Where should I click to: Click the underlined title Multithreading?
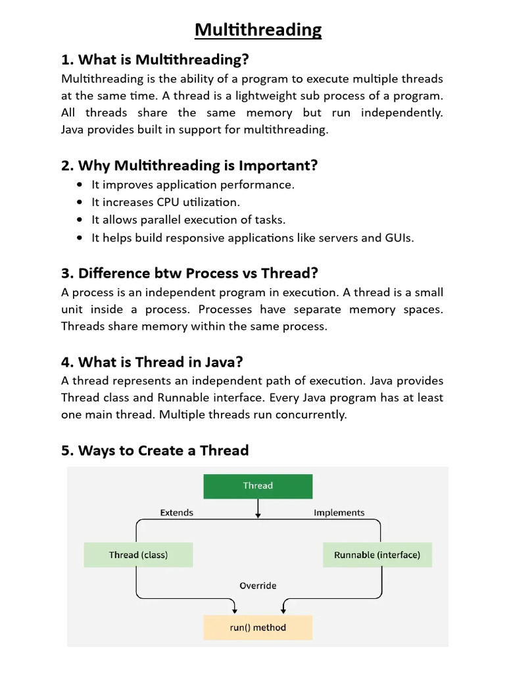258,30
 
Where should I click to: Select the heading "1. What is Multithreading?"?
155,60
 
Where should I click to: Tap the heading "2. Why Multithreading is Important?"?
189,165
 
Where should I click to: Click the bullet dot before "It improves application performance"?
80,185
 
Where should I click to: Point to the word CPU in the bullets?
186,202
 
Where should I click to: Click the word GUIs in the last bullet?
397,238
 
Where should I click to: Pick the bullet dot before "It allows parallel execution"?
80,220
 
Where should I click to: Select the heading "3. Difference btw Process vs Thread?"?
189,273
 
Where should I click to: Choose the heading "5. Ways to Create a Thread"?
155,451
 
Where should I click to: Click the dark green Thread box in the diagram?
258,486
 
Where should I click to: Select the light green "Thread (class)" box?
138,555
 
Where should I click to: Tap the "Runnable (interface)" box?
377,555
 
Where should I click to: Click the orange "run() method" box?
258,627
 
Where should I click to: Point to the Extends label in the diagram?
177,513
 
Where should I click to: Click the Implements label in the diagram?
339,513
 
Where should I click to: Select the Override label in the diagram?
258,586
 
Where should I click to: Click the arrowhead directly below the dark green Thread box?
258,515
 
